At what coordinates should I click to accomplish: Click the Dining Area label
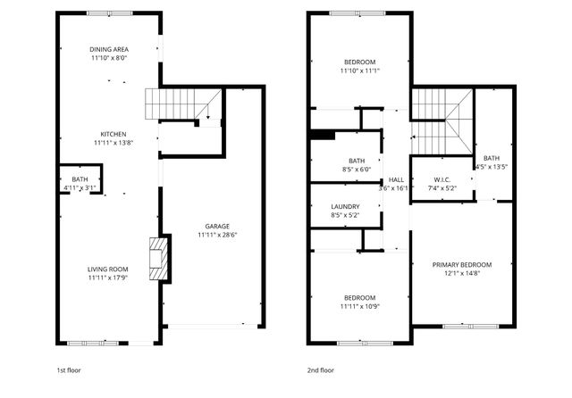click(109, 49)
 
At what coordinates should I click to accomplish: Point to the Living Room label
click(109, 269)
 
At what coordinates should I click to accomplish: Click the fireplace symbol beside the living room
click(157, 259)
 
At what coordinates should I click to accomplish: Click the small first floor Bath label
click(80, 179)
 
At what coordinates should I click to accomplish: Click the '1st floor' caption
click(70, 369)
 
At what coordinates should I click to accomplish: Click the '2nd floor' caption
click(321, 369)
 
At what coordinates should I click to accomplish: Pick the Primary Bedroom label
click(462, 265)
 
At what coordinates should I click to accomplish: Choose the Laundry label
click(345, 205)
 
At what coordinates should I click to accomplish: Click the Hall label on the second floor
click(396, 179)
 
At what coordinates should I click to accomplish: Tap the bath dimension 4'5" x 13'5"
click(491, 167)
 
